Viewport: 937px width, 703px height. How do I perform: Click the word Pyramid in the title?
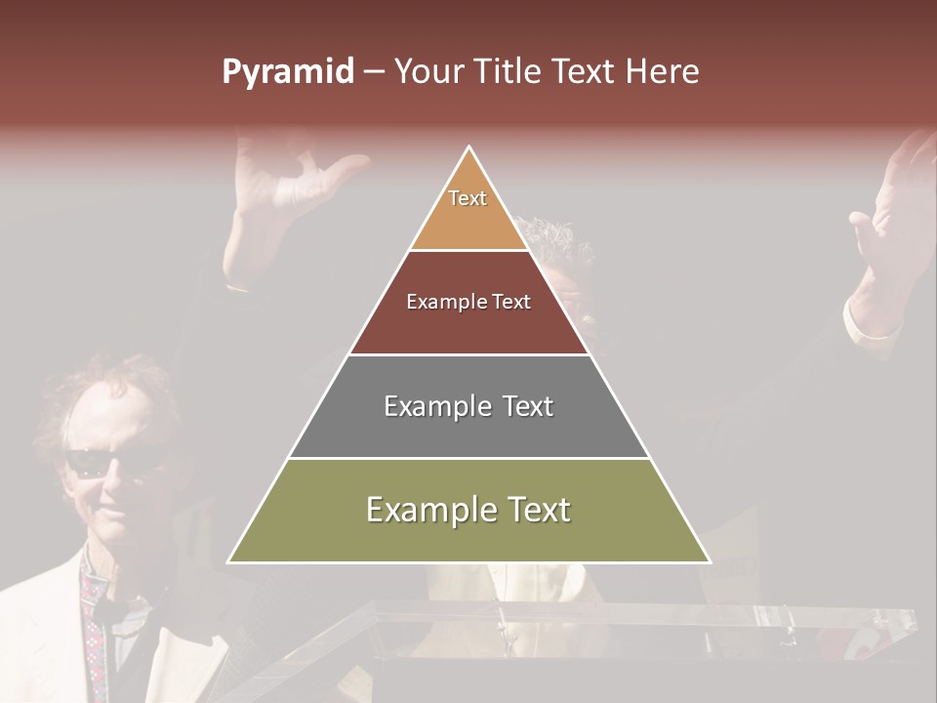tap(287, 72)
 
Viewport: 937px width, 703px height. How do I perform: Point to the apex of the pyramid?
tap(469, 148)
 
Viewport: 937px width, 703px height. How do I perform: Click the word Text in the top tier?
tap(468, 198)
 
